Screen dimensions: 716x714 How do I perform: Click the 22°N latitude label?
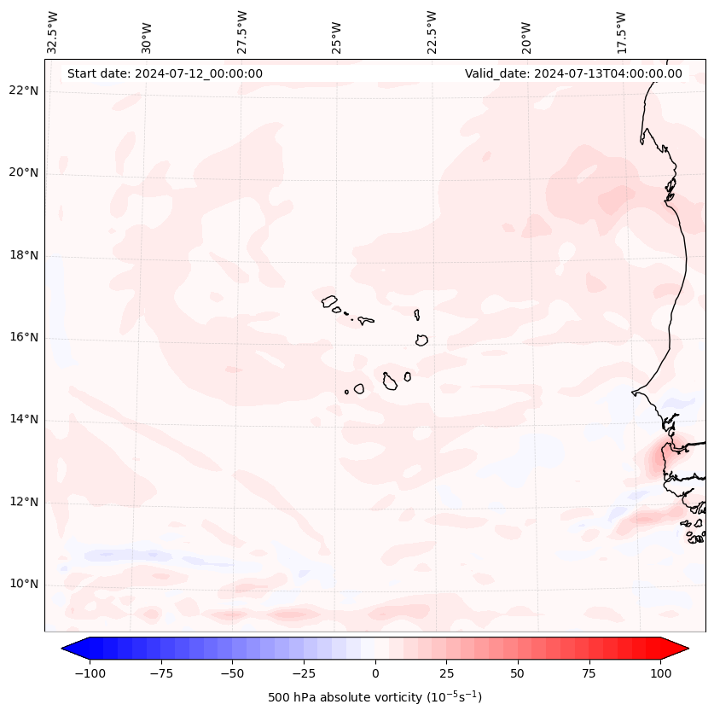pyautogui.click(x=24, y=91)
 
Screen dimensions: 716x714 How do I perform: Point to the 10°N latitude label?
pyautogui.click(x=24, y=585)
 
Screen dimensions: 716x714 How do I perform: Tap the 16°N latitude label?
pyautogui.click(x=24, y=338)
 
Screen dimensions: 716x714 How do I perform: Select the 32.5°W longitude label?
pyautogui.click(x=53, y=32)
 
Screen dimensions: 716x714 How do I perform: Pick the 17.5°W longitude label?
pyautogui.click(x=622, y=32)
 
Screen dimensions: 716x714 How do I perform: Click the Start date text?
pyautogui.click(x=165, y=73)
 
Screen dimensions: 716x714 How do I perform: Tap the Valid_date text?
pyautogui.click(x=573, y=73)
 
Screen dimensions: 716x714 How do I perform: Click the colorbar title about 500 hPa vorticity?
pyautogui.click(x=374, y=697)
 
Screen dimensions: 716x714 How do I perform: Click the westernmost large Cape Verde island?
pyautogui.click(x=329, y=300)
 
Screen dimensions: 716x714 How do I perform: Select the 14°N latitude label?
pyautogui.click(x=24, y=420)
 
